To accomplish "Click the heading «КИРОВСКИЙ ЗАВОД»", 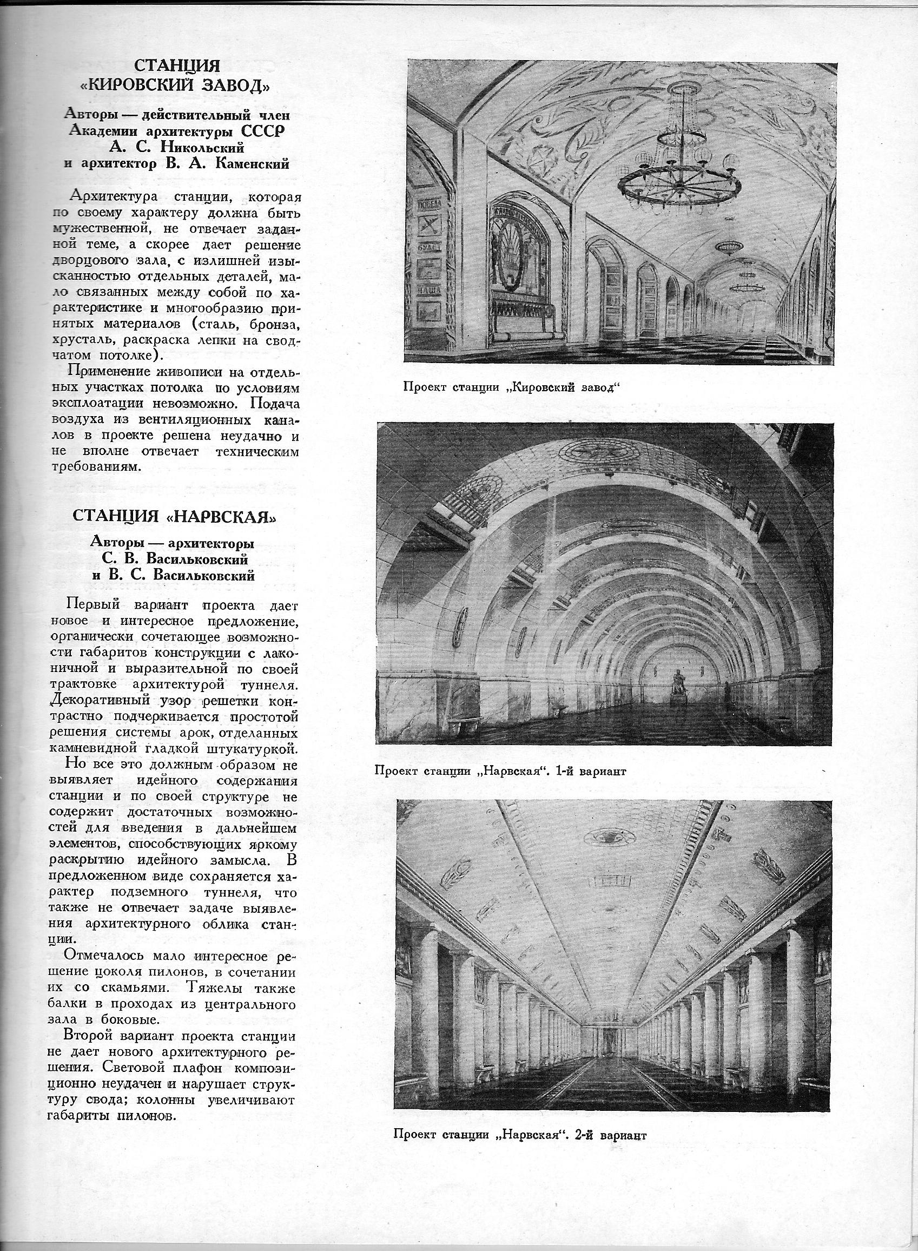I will (x=177, y=86).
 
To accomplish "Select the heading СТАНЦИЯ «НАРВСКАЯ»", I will (x=175, y=516).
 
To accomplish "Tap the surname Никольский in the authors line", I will (x=202, y=147).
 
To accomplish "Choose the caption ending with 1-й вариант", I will (x=501, y=772).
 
